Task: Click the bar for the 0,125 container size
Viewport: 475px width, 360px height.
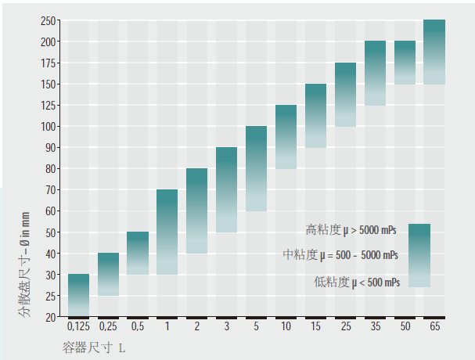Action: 78,295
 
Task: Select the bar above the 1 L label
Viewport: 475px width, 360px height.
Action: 167,232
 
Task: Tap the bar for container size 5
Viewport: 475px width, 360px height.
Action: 256,168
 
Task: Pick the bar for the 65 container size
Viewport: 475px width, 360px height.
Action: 434,52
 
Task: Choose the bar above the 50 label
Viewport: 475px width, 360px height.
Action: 405,62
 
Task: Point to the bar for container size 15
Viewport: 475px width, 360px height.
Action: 315,116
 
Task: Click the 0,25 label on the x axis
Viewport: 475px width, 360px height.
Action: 108,326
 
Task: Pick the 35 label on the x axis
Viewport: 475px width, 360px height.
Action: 375,326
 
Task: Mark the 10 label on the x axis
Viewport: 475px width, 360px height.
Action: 286,326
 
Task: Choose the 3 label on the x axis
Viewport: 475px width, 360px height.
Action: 226,326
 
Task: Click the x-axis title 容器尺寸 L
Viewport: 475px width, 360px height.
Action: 93,346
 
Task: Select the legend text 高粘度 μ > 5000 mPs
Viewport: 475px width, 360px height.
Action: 351,230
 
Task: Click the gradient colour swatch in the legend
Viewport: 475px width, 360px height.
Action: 419,255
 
